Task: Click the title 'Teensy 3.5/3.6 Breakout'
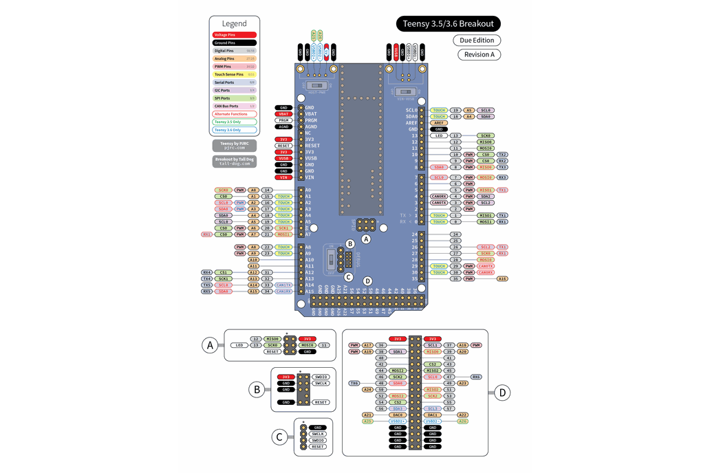(447, 24)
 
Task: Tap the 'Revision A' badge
(479, 55)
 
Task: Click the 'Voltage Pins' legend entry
(235, 34)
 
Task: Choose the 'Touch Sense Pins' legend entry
(235, 74)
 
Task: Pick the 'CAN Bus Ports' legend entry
(235, 106)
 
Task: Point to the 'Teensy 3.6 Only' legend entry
(235, 130)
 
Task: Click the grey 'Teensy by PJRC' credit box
(234, 145)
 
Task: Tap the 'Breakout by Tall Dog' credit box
(234, 161)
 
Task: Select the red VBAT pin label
(283, 114)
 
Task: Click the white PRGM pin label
(283, 120)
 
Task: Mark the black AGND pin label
(283, 126)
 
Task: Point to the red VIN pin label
(283, 177)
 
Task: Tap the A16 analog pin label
(503, 278)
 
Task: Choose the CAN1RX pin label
(283, 291)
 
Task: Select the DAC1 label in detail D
(433, 415)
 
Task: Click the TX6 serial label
(354, 383)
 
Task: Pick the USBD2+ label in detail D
(433, 421)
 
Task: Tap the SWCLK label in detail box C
(317, 434)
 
